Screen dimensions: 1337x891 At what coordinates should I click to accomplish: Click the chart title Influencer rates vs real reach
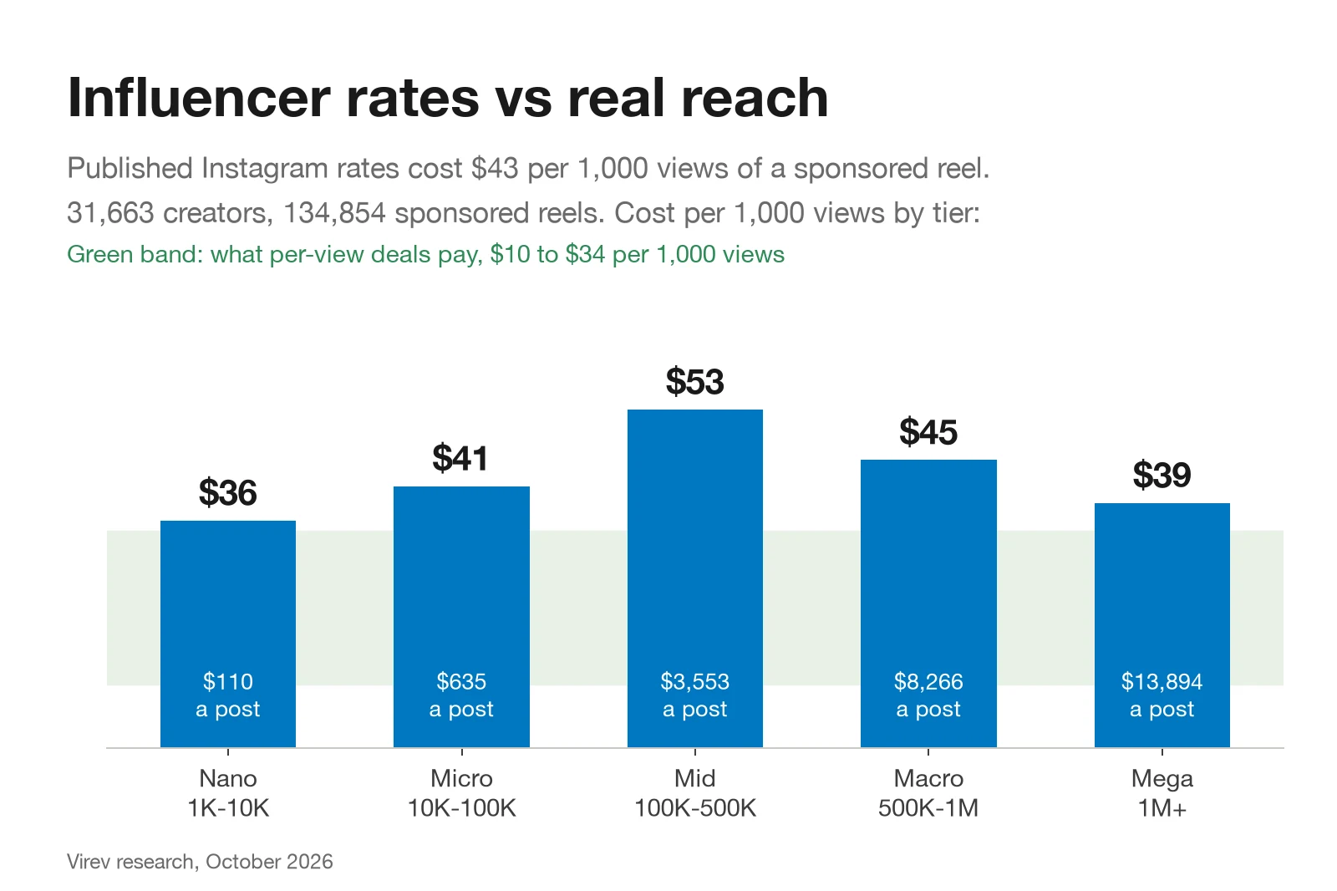[x=448, y=98]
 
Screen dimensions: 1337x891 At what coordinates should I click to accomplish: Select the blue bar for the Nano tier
[x=228, y=634]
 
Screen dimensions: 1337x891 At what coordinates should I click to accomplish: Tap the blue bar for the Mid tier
[x=694, y=578]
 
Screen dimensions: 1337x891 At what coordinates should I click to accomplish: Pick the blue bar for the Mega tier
[x=1162, y=625]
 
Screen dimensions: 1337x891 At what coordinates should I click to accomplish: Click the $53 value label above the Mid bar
[x=694, y=382]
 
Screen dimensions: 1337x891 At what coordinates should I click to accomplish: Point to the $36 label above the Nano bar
[x=228, y=492]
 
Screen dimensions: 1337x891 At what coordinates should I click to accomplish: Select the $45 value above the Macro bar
[x=928, y=432]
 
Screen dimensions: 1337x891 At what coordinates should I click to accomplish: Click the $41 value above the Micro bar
[x=460, y=458]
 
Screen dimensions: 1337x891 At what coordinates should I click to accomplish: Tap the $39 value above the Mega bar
[x=1162, y=475]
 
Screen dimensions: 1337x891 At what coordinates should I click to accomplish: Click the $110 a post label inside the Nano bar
[x=228, y=695]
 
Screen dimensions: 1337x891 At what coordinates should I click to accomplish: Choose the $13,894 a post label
[x=1162, y=695]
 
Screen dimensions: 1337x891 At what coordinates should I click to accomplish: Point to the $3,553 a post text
[x=694, y=695]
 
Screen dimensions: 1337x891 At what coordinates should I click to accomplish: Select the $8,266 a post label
[x=928, y=695]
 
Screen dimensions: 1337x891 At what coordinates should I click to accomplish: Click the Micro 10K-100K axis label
[x=461, y=793]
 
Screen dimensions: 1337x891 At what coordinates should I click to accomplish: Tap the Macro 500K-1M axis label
[x=928, y=793]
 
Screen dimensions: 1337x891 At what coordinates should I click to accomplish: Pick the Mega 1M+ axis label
[x=1162, y=793]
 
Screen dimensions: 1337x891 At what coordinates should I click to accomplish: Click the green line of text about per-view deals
[x=425, y=254]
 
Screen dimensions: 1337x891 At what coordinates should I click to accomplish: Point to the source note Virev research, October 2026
[x=200, y=862]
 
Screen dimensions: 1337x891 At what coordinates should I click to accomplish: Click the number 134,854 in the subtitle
[x=334, y=213]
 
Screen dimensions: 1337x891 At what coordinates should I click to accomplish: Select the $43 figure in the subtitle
[x=494, y=168]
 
